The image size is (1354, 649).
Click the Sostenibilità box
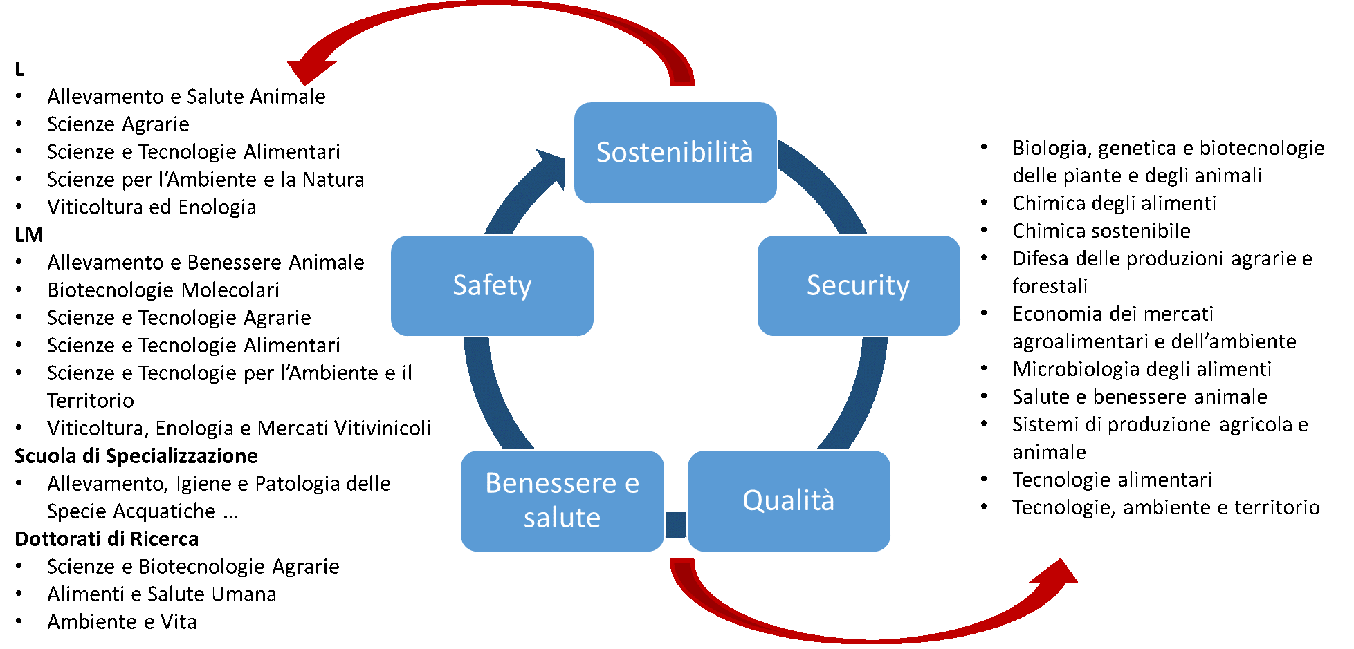[675, 153]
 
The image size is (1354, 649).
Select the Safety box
[492, 285]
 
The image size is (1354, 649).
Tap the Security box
[859, 285]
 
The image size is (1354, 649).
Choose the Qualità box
[789, 500]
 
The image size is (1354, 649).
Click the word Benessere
[551, 483]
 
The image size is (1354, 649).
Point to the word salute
[562, 518]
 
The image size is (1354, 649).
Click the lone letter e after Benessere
[632, 484]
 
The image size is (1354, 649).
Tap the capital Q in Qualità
[752, 500]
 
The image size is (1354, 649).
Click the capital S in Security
[814, 285]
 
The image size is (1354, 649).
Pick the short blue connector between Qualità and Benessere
[676, 525]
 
